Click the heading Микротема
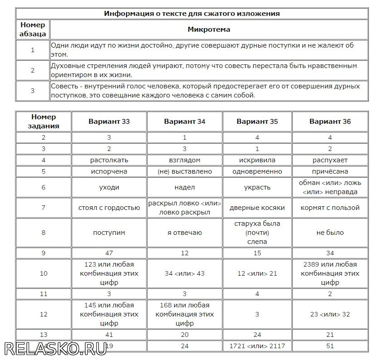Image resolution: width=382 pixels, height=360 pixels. [209, 30]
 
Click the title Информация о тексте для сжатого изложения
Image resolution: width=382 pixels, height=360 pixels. [191, 13]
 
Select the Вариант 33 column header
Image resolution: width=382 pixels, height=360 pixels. [109, 122]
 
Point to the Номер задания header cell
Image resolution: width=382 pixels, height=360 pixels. [44, 122]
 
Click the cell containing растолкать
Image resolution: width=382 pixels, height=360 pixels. [109, 160]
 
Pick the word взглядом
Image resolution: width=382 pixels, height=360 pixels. [185, 160]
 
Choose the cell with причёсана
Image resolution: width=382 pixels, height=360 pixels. [330, 171]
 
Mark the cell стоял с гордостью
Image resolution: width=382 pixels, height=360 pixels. [109, 208]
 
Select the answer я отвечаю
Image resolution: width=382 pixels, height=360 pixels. [185, 233]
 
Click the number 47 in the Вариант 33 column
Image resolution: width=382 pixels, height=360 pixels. [109, 253]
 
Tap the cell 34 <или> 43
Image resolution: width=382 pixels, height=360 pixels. [185, 273]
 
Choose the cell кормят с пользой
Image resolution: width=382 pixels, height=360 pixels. [330, 208]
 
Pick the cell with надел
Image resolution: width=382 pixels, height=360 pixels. [185, 187]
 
